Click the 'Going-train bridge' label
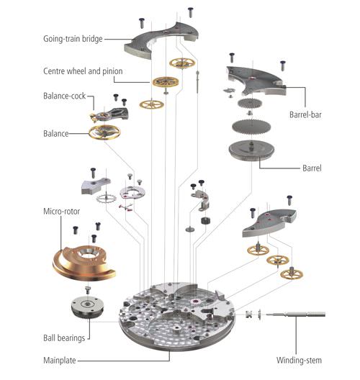(x=73, y=39)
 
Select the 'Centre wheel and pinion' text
(x=83, y=71)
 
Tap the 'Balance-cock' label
(x=65, y=96)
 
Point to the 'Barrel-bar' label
(x=305, y=114)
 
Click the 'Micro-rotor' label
(x=62, y=212)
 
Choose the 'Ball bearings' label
(x=64, y=338)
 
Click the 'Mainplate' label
(x=59, y=361)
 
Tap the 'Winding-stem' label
(x=299, y=361)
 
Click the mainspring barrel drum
(x=251, y=150)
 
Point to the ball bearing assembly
(x=88, y=308)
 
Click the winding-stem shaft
(x=296, y=315)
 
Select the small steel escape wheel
(x=106, y=199)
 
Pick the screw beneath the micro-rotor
(x=88, y=289)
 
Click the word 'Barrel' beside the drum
(x=312, y=168)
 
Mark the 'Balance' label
(x=55, y=134)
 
